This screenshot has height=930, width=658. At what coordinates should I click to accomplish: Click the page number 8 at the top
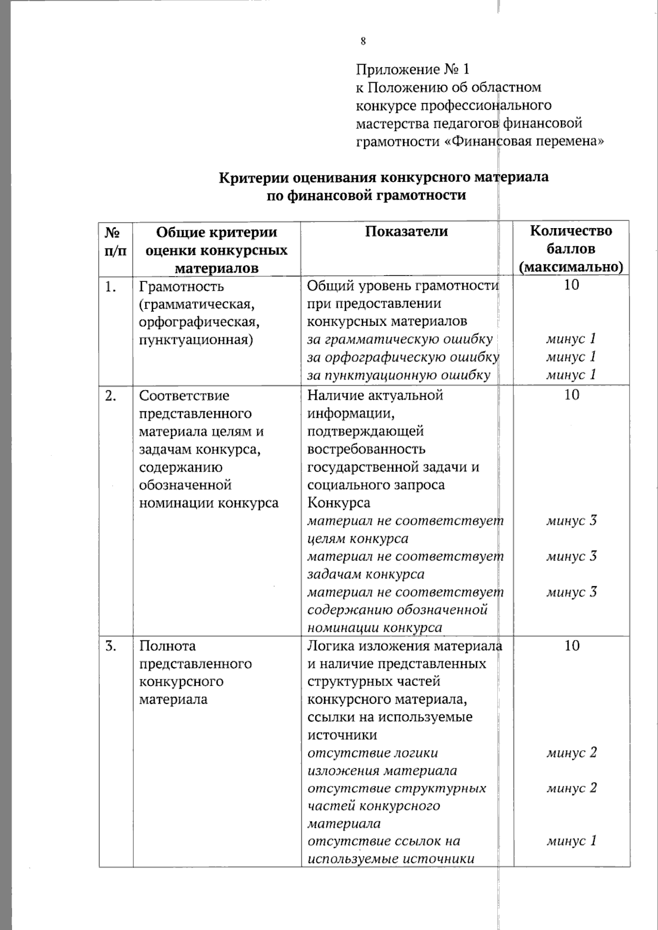tap(362, 42)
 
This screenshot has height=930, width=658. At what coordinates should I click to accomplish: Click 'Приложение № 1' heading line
tap(413, 70)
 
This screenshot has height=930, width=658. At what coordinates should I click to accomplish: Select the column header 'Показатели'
tap(406, 232)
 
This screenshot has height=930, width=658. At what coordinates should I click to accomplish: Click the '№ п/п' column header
tap(114, 241)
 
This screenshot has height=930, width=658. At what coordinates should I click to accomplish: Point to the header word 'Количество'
tap(571, 230)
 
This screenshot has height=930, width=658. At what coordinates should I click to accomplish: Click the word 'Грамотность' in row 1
tap(181, 286)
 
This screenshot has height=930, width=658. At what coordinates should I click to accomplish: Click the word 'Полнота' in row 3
tap(167, 646)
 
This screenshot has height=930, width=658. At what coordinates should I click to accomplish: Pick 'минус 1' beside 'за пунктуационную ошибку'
tap(571, 375)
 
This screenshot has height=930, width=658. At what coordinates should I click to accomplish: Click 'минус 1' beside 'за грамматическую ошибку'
tap(571, 339)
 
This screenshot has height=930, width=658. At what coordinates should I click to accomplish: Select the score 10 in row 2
tap(571, 394)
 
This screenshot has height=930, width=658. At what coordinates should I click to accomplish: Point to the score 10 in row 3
tap(571, 645)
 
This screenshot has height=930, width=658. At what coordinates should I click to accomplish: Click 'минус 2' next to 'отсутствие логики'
tap(571, 753)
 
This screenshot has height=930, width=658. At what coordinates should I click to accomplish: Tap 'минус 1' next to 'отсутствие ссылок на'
tap(571, 841)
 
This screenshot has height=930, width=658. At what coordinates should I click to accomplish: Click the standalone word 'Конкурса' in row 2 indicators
tap(338, 503)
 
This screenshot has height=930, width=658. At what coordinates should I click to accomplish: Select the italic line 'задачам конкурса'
tap(365, 575)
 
